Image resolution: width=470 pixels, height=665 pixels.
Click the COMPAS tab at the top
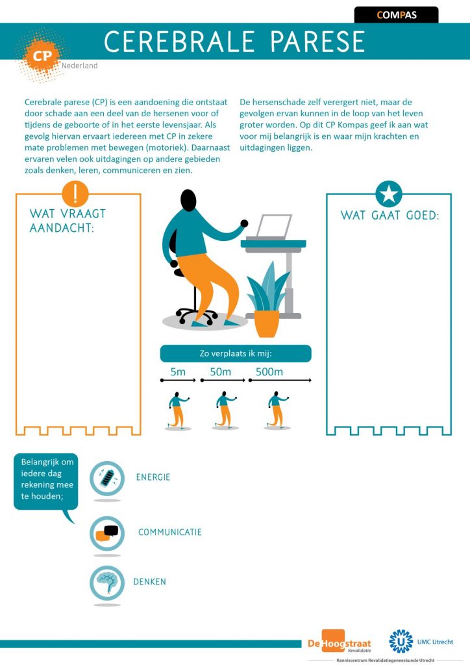(396, 15)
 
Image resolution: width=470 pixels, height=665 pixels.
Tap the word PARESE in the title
(317, 42)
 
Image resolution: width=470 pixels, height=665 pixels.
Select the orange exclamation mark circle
(75, 194)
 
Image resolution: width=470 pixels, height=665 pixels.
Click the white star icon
(389, 194)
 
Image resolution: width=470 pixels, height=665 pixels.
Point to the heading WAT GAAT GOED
(390, 215)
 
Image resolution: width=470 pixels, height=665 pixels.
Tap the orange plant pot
(267, 323)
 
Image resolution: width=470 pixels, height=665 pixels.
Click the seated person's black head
(188, 200)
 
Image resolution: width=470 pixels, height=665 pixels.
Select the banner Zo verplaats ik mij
(236, 353)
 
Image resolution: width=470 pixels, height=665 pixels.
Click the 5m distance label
(178, 372)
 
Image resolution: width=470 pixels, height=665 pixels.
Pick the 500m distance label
(269, 372)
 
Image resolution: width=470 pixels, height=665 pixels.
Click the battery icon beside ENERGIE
(107, 479)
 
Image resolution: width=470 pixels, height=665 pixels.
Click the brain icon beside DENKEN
(107, 583)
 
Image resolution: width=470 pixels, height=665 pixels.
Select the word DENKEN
(149, 582)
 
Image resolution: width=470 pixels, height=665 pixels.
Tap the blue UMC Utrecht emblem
(401, 641)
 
